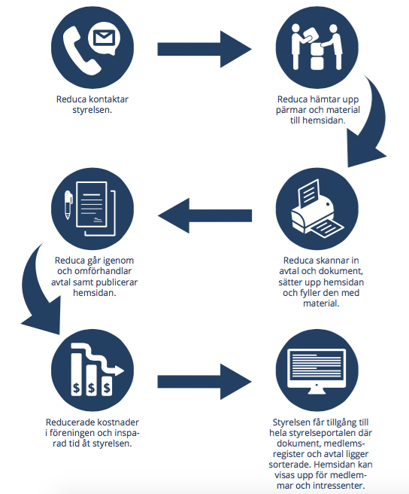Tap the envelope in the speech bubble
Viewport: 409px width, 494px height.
coord(105,38)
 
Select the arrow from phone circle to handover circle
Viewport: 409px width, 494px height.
coord(204,49)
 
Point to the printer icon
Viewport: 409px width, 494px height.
coord(317,208)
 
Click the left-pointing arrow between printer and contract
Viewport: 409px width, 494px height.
coord(204,216)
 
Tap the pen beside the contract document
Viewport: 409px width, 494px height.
coord(68,205)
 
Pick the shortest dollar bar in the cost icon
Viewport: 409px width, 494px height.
coord(107,386)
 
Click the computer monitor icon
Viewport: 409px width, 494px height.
coord(317,371)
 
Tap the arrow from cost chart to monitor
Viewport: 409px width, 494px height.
coord(204,382)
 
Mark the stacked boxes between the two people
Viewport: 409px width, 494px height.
coord(317,56)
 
